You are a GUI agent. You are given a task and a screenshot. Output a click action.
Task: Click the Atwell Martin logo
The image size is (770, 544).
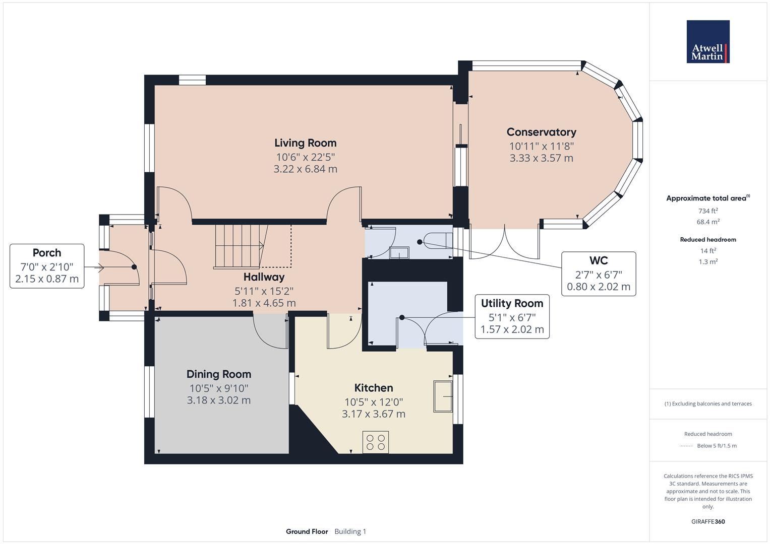(707, 42)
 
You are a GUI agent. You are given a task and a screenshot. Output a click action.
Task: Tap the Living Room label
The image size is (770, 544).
(305, 143)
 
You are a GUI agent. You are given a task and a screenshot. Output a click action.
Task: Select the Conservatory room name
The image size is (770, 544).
(541, 132)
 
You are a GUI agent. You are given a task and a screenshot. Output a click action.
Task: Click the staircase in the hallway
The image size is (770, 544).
(240, 246)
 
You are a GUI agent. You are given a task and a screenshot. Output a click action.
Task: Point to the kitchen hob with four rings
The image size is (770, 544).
(376, 442)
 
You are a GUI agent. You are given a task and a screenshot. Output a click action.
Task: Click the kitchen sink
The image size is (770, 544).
(443, 396)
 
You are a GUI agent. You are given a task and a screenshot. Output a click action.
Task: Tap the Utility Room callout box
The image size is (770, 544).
(512, 316)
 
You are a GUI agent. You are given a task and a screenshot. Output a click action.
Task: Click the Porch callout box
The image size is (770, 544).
(47, 266)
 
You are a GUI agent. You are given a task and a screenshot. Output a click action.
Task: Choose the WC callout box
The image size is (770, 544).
(598, 274)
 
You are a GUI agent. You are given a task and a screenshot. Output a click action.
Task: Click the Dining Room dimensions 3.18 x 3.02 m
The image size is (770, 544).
(218, 400)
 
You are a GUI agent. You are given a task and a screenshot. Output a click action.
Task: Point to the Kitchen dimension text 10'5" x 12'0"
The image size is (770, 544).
(373, 402)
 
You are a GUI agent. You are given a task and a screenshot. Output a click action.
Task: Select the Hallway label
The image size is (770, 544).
(264, 277)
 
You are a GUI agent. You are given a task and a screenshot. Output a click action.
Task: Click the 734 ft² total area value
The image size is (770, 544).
(707, 211)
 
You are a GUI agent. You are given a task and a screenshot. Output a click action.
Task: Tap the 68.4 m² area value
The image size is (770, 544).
(707, 222)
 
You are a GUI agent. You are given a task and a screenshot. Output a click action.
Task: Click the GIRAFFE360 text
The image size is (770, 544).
(707, 521)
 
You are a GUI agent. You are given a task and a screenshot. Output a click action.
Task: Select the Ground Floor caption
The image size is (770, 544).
(307, 531)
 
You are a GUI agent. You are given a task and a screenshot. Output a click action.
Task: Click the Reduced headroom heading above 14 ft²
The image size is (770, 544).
(707, 239)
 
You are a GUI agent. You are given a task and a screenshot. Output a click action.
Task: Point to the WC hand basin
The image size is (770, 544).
(399, 252)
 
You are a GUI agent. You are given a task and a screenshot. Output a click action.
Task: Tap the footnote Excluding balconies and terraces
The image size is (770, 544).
(707, 403)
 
